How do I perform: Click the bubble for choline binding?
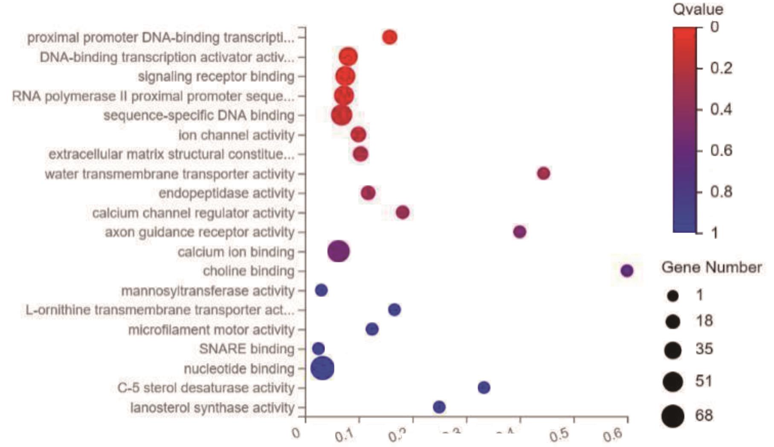[x=626, y=271]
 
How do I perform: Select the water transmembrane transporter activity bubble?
[x=543, y=174]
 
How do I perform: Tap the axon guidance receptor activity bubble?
[x=519, y=232]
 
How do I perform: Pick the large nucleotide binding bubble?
[x=322, y=368]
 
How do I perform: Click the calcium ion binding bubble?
[x=338, y=251]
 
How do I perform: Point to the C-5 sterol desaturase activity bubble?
[x=484, y=387]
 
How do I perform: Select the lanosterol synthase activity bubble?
[x=439, y=407]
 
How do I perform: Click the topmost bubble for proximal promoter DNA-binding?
[x=389, y=37]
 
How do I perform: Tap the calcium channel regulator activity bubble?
[x=403, y=212]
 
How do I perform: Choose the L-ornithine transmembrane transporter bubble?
[x=394, y=310]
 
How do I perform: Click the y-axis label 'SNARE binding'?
[x=246, y=349]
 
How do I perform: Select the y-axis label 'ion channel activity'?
[x=236, y=135]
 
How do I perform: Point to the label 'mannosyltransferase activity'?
[x=208, y=291]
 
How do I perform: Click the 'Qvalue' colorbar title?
[x=698, y=9]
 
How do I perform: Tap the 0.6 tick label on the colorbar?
[x=721, y=151]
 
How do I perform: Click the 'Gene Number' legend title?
[x=711, y=267]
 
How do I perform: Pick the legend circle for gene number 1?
[x=673, y=296]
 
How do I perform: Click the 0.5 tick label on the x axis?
[x=559, y=435]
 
